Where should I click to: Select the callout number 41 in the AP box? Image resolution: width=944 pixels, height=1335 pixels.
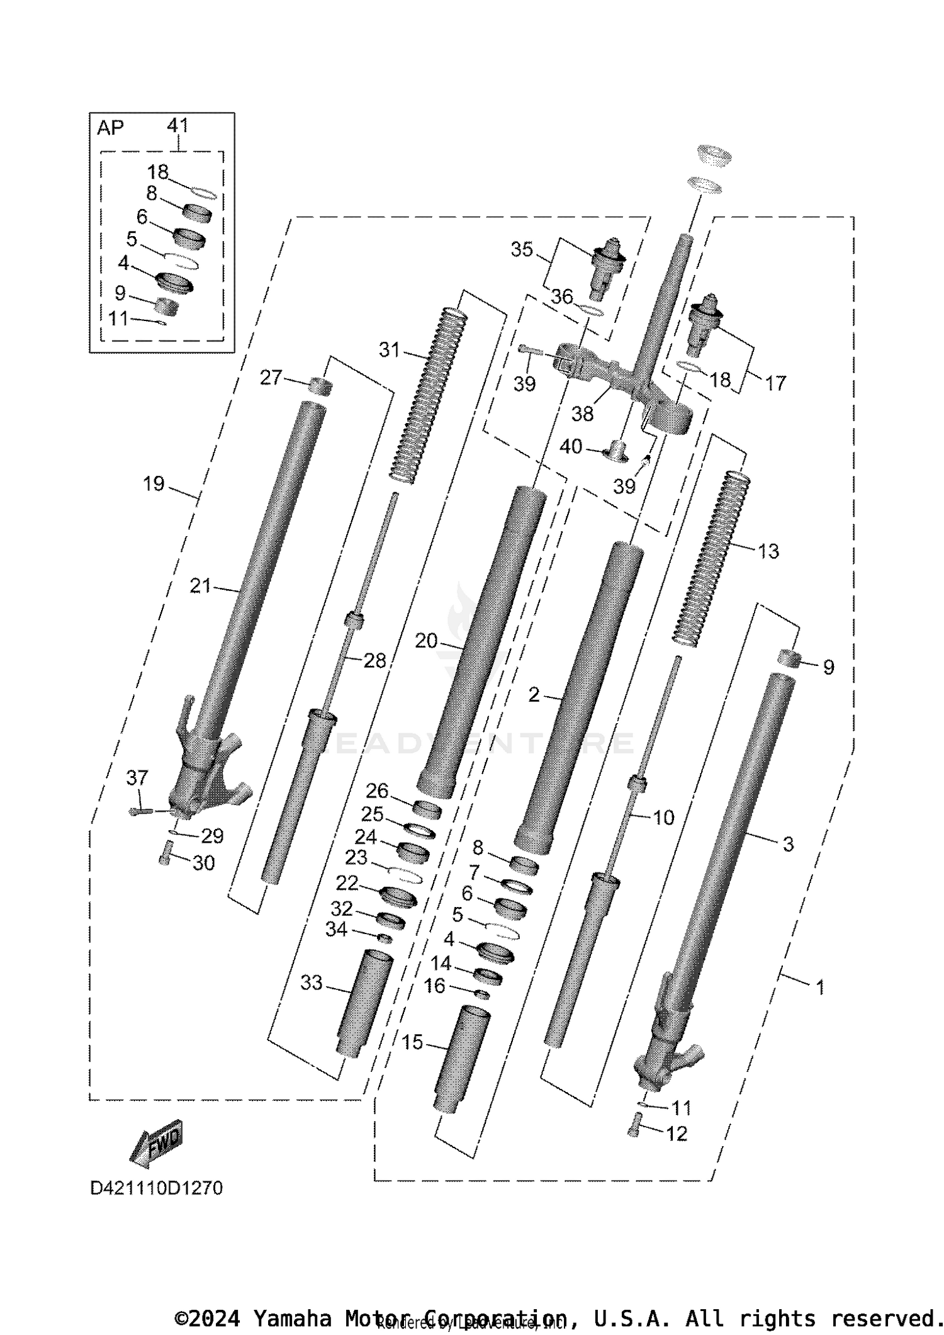point(178,125)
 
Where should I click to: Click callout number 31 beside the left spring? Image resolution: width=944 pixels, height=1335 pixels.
point(390,349)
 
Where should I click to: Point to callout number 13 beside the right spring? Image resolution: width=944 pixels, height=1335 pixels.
point(768,551)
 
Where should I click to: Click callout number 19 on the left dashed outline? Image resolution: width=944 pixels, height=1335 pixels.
point(154,484)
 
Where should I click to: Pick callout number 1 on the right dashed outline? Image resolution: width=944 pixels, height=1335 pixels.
point(819,987)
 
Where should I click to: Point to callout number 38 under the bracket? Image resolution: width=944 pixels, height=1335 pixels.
point(582,414)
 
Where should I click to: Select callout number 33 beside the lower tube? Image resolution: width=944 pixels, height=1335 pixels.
point(311,983)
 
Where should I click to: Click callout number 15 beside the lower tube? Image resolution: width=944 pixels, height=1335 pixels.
point(412,1043)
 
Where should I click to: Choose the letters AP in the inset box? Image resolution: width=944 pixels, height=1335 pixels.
point(111,128)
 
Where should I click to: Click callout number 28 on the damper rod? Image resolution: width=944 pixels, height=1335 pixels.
point(374,660)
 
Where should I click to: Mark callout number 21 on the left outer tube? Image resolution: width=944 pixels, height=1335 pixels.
point(200,587)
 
